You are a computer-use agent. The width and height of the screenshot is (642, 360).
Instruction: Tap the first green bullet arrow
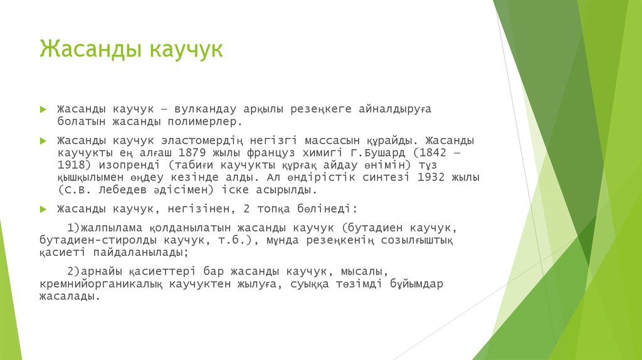(43, 109)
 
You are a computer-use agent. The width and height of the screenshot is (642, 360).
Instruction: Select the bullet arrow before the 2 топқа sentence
(43, 208)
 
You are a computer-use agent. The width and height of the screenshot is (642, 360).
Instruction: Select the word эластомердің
(203, 139)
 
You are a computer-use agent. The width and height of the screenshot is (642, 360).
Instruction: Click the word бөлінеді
(329, 208)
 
